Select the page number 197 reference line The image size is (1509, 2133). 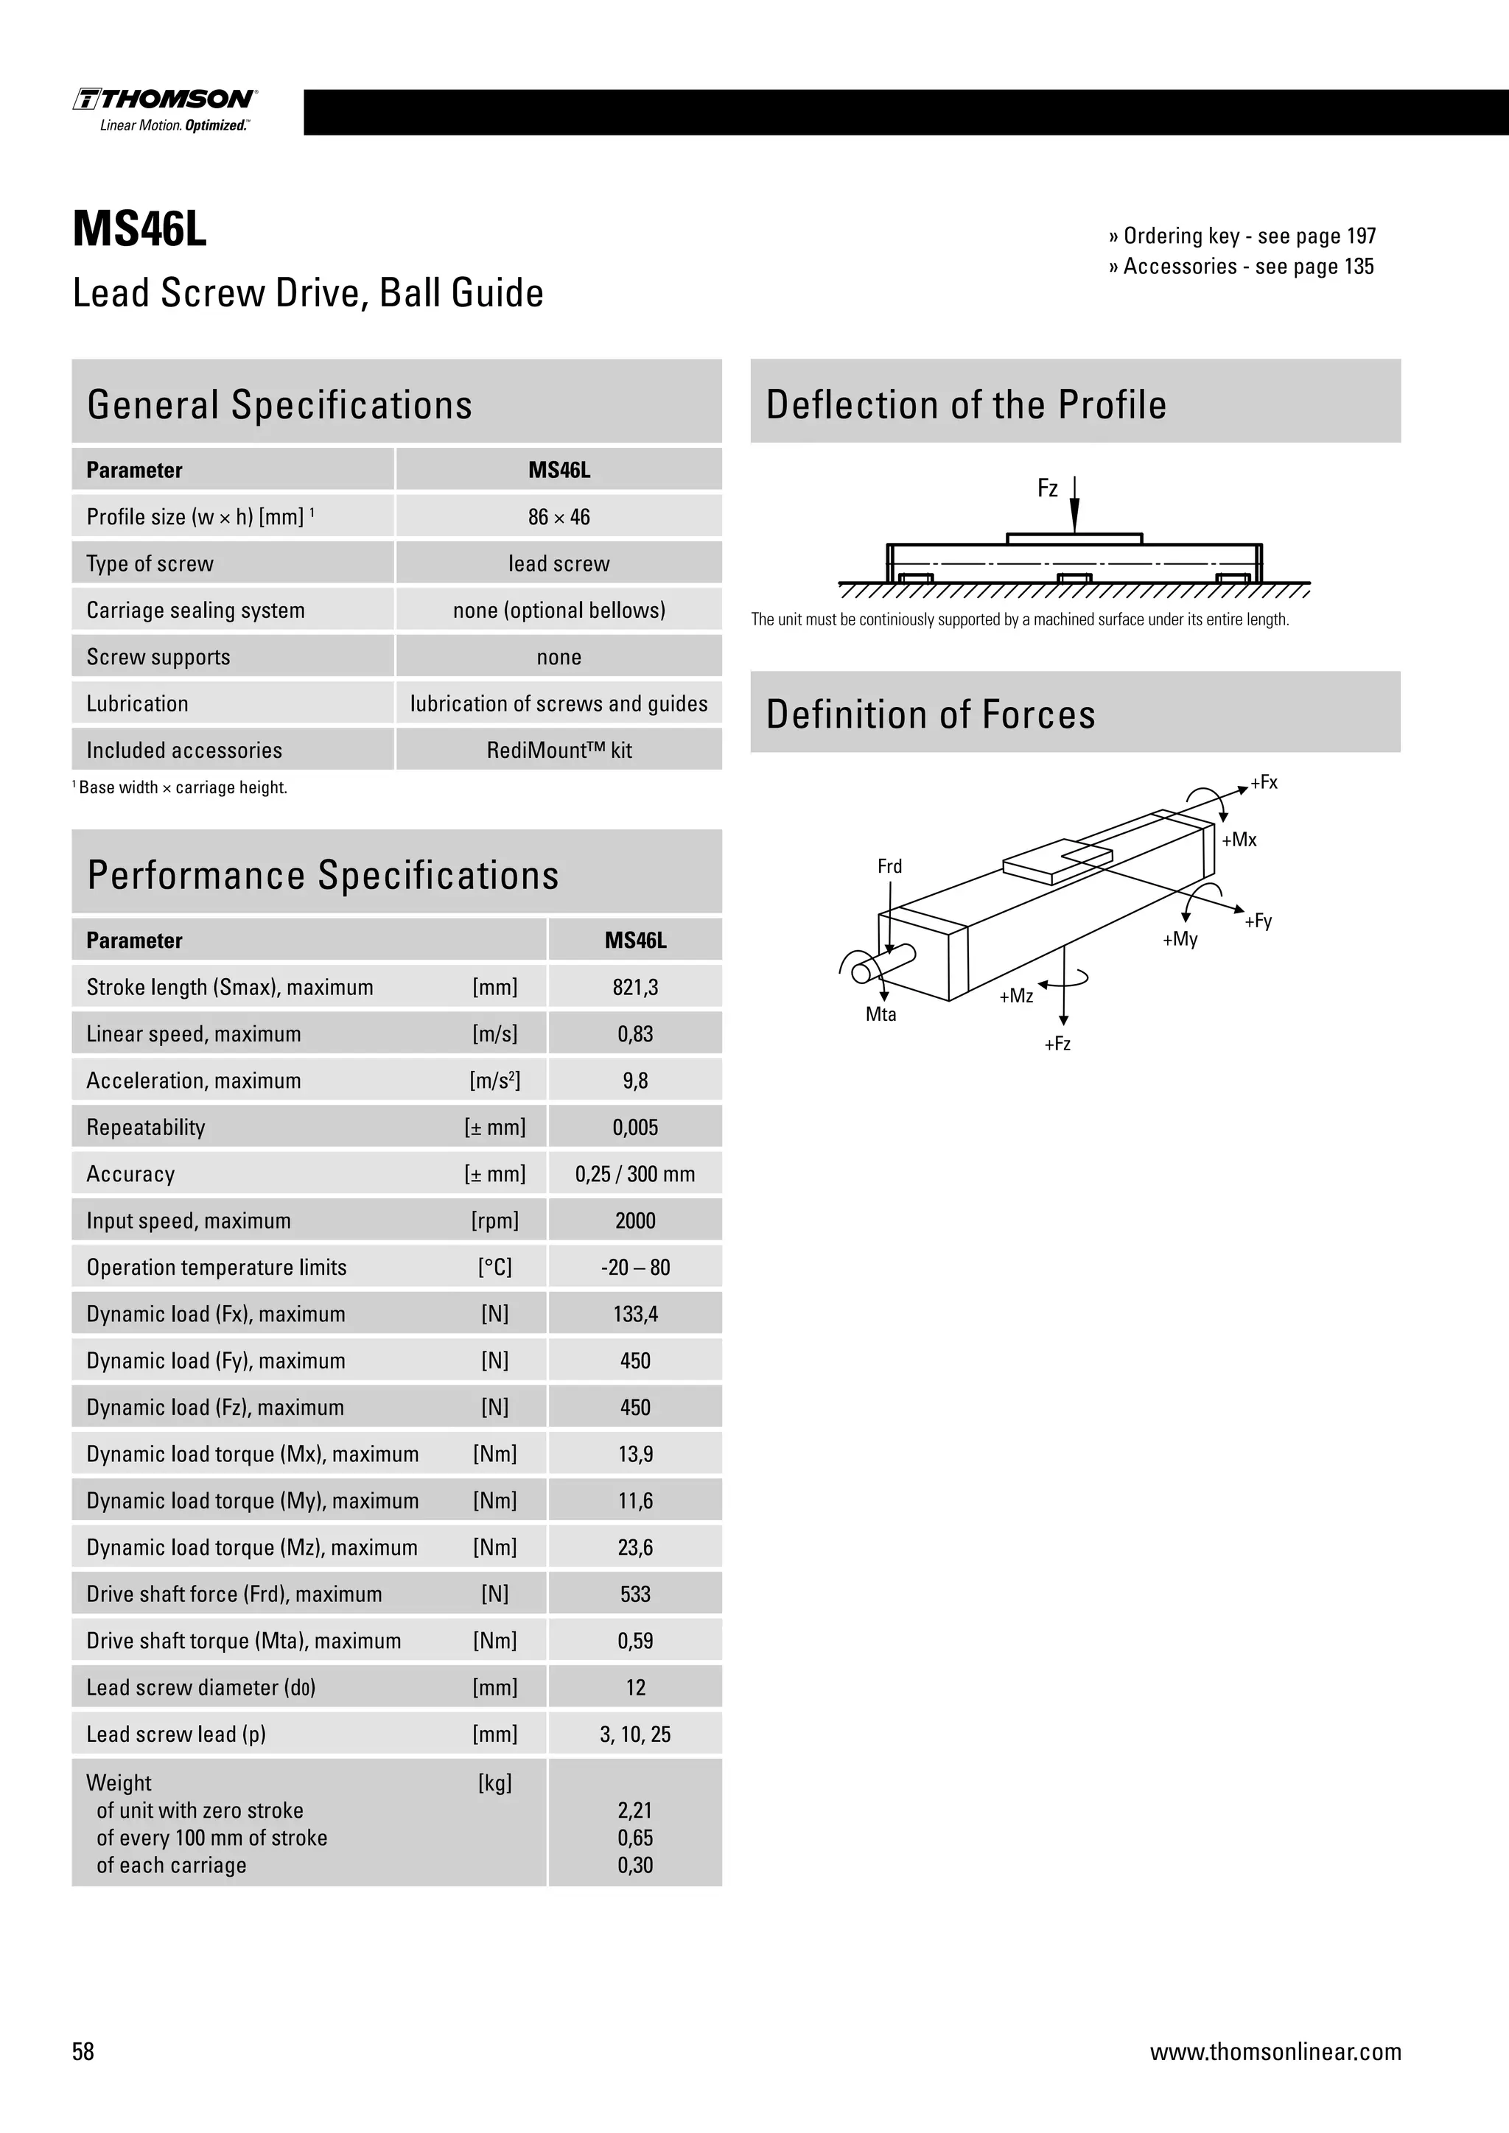coord(1242,236)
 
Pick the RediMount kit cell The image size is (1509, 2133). coord(559,750)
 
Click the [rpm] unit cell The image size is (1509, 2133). coord(494,1220)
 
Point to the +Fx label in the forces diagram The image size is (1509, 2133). coord(1264,782)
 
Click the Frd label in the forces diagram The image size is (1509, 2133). coord(889,866)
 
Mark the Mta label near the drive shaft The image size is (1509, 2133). coord(881,1014)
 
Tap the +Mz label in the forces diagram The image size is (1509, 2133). coord(1015,996)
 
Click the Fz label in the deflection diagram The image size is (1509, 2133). coord(1047,488)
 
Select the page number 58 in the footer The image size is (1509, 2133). coord(83,2051)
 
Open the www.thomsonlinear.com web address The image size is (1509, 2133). coord(1275,2051)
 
